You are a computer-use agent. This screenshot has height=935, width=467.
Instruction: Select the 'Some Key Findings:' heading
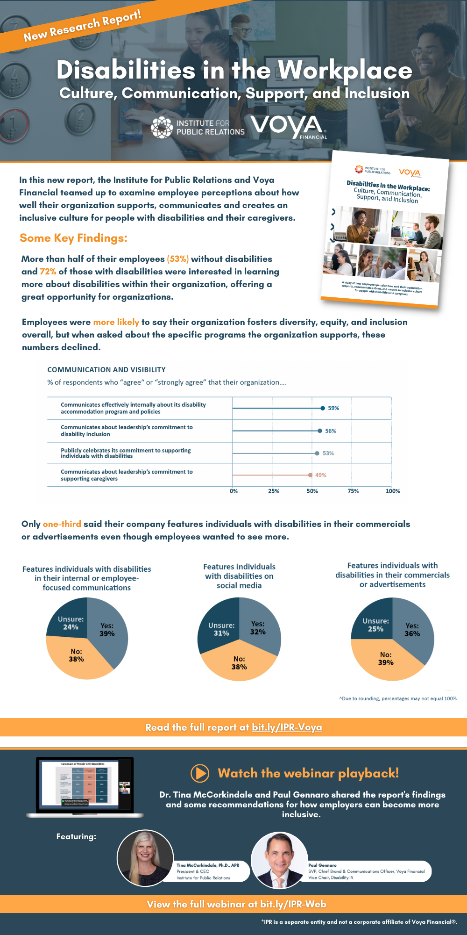[x=73, y=238]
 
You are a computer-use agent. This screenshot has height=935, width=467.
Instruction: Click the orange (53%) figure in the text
[x=178, y=259]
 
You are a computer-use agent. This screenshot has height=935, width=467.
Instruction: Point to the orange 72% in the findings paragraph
[x=48, y=272]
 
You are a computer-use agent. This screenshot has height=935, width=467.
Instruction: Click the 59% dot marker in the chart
[x=323, y=408]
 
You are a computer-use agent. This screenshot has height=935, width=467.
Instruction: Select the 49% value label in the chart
[x=321, y=475]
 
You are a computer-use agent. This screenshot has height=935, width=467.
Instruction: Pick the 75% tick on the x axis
[x=353, y=491]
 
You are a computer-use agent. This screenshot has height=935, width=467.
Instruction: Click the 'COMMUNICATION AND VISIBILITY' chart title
[x=106, y=370]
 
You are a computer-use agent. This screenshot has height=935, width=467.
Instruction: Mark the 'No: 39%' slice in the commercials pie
[x=386, y=659]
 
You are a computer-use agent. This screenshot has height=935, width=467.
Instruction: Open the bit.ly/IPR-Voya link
[x=287, y=727]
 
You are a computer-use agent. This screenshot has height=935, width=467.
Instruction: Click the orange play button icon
[x=200, y=773]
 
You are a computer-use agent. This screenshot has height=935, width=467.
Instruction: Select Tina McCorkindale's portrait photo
[x=145, y=858]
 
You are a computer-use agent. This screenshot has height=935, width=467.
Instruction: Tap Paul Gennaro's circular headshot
[x=279, y=860]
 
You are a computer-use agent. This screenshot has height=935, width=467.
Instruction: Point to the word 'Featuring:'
[x=76, y=836]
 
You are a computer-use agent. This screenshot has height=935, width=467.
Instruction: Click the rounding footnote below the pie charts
[x=397, y=698]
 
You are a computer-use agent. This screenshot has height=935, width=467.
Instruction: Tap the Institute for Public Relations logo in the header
[x=198, y=128]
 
